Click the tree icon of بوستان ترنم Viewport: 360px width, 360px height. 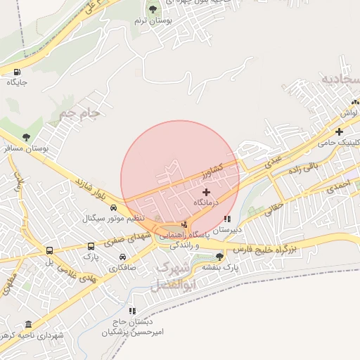coord(153,9)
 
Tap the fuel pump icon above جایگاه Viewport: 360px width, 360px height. coord(17,71)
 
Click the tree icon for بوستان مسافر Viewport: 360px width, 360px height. coord(26,137)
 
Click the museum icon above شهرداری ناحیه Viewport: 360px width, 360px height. coord(28,324)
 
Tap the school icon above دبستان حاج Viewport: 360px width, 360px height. coord(131,310)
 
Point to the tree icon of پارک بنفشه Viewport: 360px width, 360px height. coord(219,257)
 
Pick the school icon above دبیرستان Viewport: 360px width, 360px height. coord(226,219)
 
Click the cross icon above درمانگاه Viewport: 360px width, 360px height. coord(206,191)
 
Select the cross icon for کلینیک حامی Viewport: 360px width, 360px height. coord(339,131)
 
